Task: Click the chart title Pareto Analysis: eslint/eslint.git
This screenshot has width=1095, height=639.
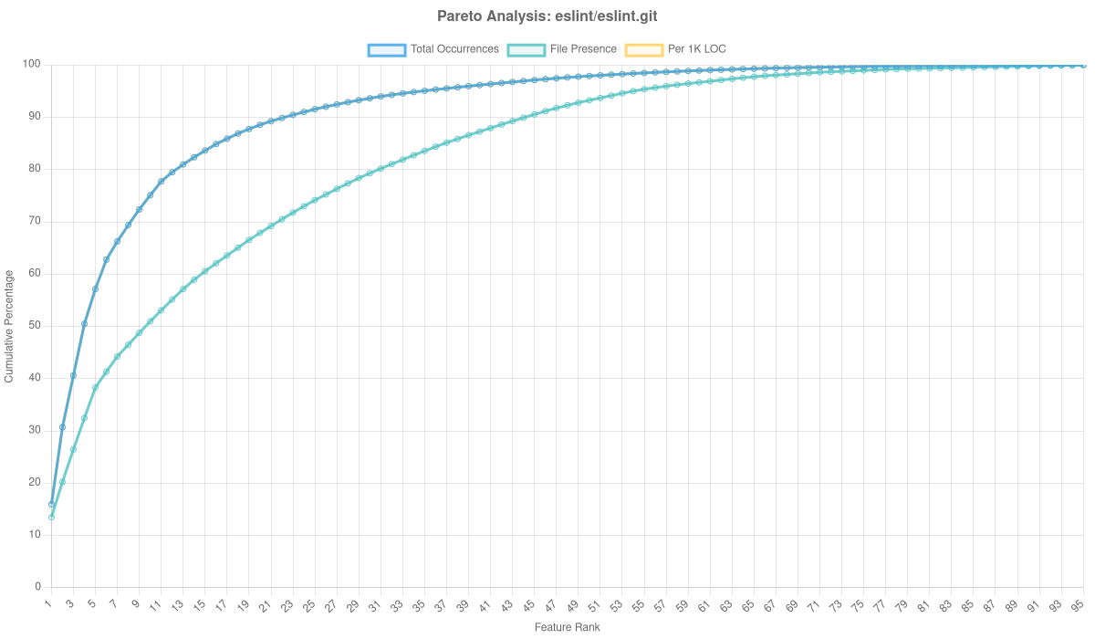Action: (x=547, y=16)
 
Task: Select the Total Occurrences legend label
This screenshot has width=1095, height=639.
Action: (x=454, y=49)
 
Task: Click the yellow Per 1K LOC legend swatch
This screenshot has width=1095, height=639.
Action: (x=643, y=49)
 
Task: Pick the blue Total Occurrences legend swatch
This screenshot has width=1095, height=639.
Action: (x=386, y=49)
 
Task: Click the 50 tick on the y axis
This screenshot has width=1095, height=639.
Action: (x=36, y=325)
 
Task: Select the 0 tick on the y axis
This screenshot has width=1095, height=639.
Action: (x=38, y=586)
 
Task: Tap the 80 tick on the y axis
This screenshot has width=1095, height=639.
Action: (x=36, y=169)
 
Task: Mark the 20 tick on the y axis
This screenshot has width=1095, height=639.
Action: (x=36, y=482)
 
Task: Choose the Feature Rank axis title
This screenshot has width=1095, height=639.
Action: (x=567, y=628)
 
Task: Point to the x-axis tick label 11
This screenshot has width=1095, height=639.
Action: (x=156, y=605)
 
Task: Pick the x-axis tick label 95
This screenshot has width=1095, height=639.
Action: (x=1077, y=605)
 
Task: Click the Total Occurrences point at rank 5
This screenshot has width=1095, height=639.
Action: (x=95, y=288)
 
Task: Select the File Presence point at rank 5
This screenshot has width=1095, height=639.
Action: (x=95, y=388)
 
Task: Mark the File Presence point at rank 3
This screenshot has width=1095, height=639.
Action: (x=73, y=449)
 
